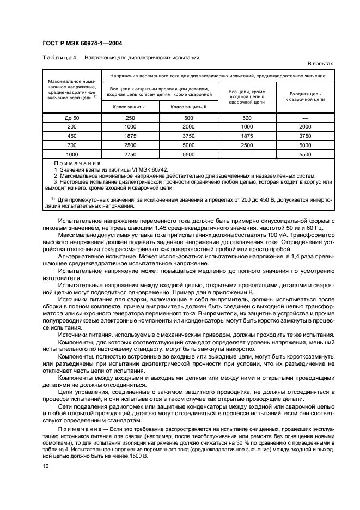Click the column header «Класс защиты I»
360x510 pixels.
[130, 107]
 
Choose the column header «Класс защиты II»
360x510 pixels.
[188, 107]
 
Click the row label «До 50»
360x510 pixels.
[72, 118]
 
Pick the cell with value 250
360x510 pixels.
[130, 118]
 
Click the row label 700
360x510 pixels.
[72, 145]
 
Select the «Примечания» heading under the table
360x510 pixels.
[77, 163]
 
